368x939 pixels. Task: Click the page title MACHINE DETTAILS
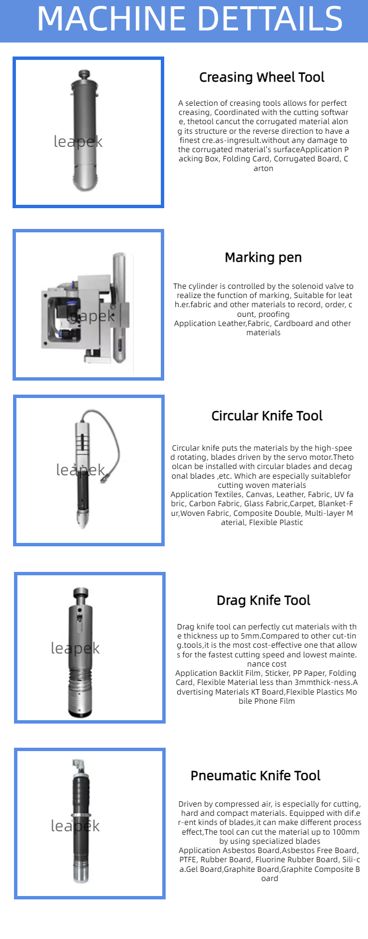tap(190, 19)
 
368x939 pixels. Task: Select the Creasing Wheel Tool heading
tap(262, 77)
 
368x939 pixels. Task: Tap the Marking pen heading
tap(263, 257)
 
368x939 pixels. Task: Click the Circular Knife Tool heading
tap(267, 416)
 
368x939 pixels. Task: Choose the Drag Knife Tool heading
tap(263, 600)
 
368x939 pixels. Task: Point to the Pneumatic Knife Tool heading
tap(255, 776)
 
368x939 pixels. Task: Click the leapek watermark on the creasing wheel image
tap(78, 142)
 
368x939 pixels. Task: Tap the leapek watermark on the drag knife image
tap(75, 648)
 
